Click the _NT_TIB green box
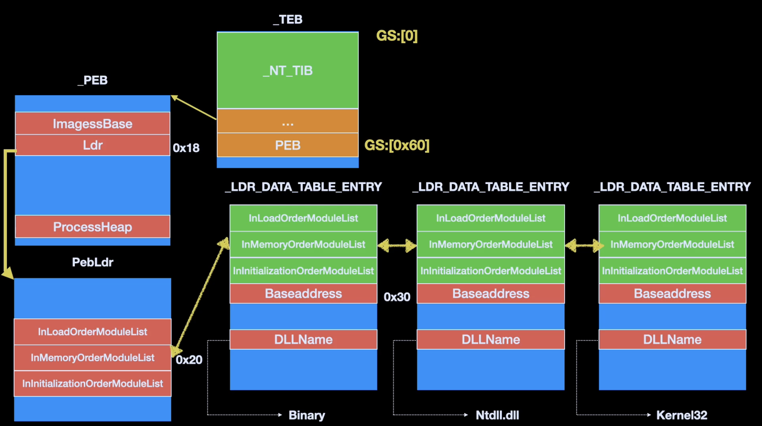click(x=288, y=70)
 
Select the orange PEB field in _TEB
click(x=288, y=145)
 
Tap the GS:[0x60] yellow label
click(x=397, y=145)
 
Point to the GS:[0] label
click(x=397, y=36)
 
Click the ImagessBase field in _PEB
click(x=93, y=123)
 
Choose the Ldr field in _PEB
click(x=93, y=145)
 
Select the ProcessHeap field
click(x=93, y=227)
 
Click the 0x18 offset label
click(x=186, y=148)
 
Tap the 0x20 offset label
click(x=189, y=360)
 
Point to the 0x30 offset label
click(x=397, y=297)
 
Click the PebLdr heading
click(x=93, y=262)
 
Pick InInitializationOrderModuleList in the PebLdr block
click(x=93, y=384)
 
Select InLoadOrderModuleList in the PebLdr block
click(x=93, y=331)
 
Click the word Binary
click(x=307, y=415)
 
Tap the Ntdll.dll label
click(x=497, y=415)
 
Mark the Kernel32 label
click(x=682, y=415)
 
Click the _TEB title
click(x=288, y=19)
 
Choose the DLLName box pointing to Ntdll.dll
click(x=491, y=340)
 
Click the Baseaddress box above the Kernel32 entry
click(x=672, y=294)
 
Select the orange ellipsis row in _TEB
click(x=288, y=121)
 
